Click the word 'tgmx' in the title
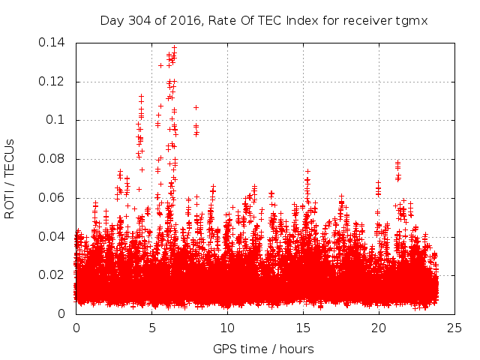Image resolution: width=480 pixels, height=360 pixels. coord(412,20)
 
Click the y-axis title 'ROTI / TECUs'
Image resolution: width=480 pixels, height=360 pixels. coord(10,178)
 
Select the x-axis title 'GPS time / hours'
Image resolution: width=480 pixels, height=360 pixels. coord(263,349)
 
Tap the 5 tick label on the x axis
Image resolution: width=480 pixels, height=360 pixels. coord(151,328)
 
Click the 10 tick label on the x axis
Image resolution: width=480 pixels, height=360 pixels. coord(227,328)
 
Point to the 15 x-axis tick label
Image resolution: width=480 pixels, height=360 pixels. coord(303,328)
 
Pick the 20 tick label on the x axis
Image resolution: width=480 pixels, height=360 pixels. coord(379,328)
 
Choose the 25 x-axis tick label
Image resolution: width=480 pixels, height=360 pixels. coord(454,328)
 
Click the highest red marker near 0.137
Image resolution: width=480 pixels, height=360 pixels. coord(175,48)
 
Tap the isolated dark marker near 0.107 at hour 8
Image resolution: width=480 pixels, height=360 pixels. coord(196,107)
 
